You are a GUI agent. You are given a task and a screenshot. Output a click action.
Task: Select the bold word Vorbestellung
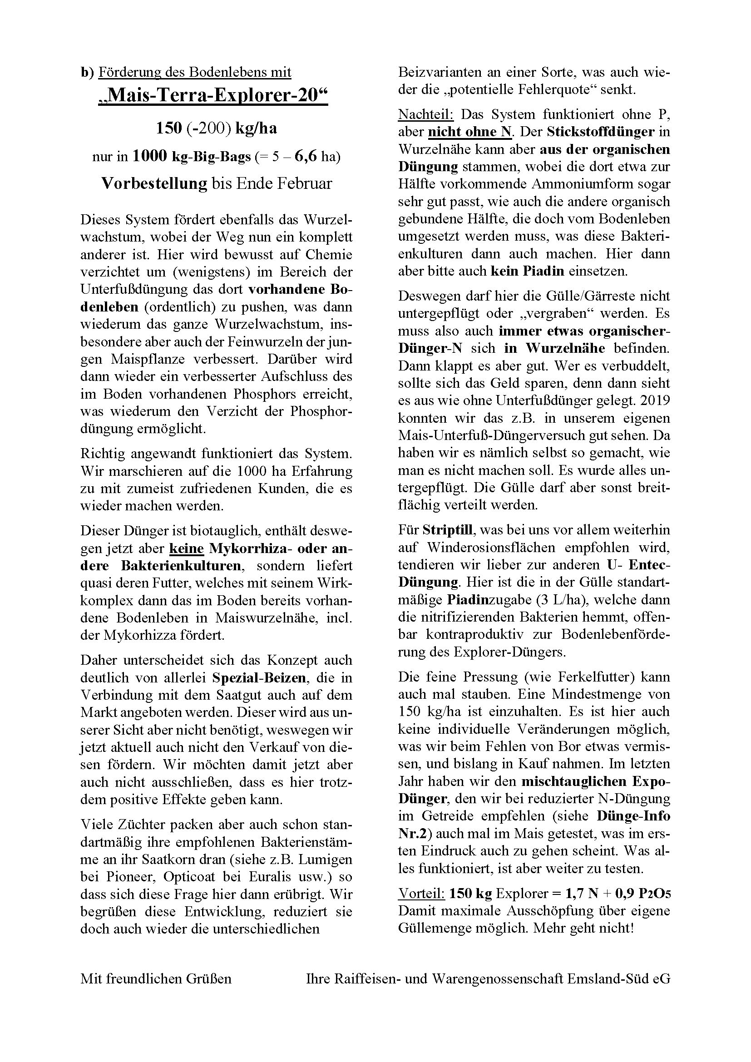click(x=154, y=183)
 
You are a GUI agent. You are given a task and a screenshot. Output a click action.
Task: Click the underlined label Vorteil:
click(x=421, y=894)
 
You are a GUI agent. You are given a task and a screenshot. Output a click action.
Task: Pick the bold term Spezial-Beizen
click(x=259, y=678)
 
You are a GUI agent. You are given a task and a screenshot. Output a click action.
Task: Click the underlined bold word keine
click(x=187, y=548)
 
